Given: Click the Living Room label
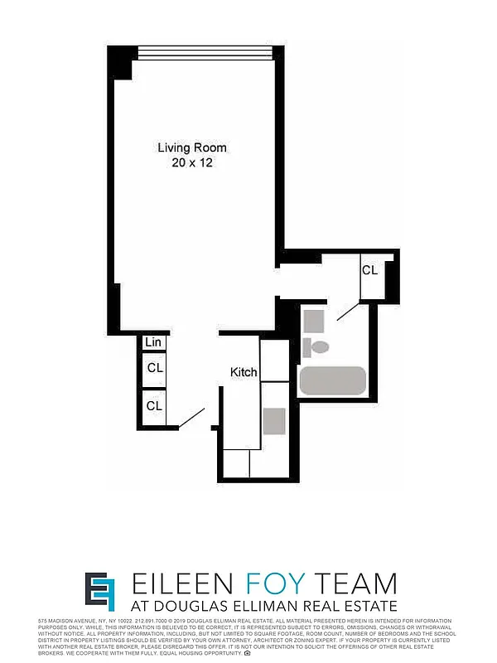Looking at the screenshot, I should [192, 148].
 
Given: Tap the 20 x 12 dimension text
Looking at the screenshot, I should [192, 163].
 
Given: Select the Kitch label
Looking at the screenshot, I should [244, 372].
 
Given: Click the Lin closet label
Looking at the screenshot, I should [153, 342].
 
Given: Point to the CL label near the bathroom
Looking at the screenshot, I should [369, 270].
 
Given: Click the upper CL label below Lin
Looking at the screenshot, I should [155, 367].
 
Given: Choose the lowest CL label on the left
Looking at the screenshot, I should [155, 405].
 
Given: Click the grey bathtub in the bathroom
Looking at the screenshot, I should [332, 380].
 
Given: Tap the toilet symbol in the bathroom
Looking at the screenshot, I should [316, 346].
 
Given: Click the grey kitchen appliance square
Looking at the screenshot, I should [274, 420].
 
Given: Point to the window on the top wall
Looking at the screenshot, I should [205, 52].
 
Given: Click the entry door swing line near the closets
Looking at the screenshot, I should [193, 419].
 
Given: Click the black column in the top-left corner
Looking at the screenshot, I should [121, 62].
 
